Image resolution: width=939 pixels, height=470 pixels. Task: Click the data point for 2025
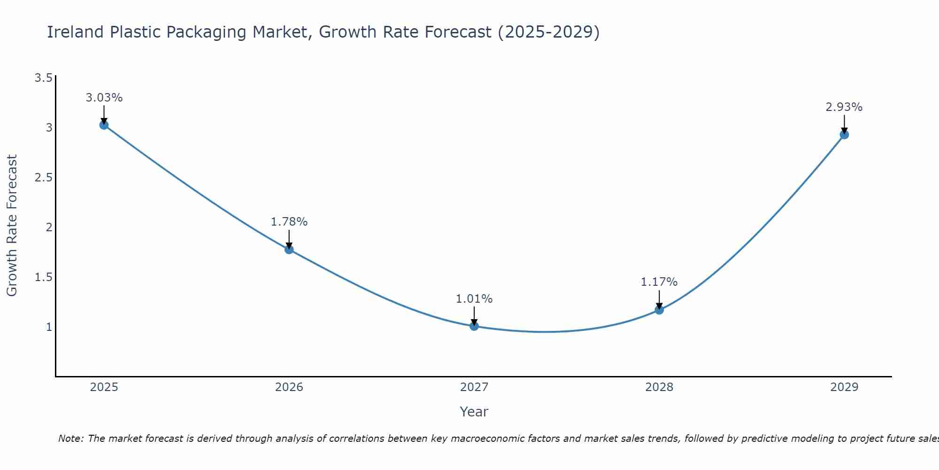(x=104, y=125)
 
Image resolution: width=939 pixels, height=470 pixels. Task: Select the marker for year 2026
(x=289, y=250)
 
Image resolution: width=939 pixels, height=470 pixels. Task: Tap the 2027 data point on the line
(x=474, y=326)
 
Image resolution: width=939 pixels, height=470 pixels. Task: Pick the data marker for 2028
(x=659, y=310)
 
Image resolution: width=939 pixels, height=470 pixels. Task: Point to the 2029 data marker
(x=844, y=135)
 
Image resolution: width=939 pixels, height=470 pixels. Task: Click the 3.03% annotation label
(x=104, y=98)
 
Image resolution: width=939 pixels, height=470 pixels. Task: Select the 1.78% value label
(x=289, y=222)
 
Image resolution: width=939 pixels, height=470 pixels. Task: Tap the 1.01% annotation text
(x=474, y=299)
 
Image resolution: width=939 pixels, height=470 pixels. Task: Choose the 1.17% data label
(x=659, y=282)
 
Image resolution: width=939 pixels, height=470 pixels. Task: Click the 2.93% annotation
(x=844, y=107)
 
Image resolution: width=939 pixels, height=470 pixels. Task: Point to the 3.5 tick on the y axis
(x=43, y=78)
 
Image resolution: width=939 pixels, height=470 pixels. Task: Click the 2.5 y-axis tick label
(x=43, y=178)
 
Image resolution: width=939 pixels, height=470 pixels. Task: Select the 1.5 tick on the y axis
(x=43, y=277)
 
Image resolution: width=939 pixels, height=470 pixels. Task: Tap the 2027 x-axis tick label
(x=474, y=387)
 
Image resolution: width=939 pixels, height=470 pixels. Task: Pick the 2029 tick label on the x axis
(x=844, y=387)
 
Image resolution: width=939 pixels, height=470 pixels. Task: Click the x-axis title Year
(x=474, y=412)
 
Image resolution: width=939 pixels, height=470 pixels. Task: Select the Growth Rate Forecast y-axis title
(x=12, y=226)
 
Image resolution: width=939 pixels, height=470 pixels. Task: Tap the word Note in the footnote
(x=70, y=439)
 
